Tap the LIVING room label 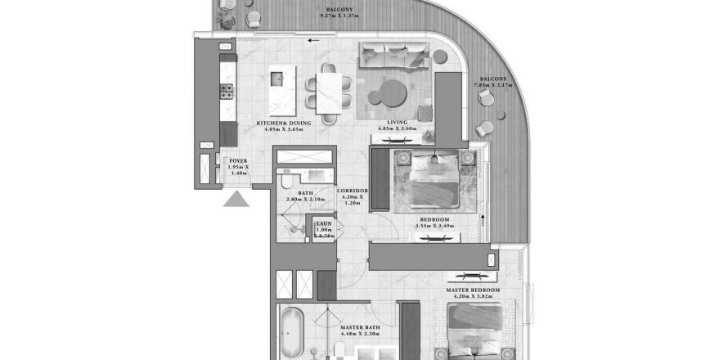[x=398, y=123]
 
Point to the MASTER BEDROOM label [x=473, y=290]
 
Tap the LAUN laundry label [x=324, y=223]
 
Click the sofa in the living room [x=394, y=56]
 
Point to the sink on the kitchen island [x=276, y=79]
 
